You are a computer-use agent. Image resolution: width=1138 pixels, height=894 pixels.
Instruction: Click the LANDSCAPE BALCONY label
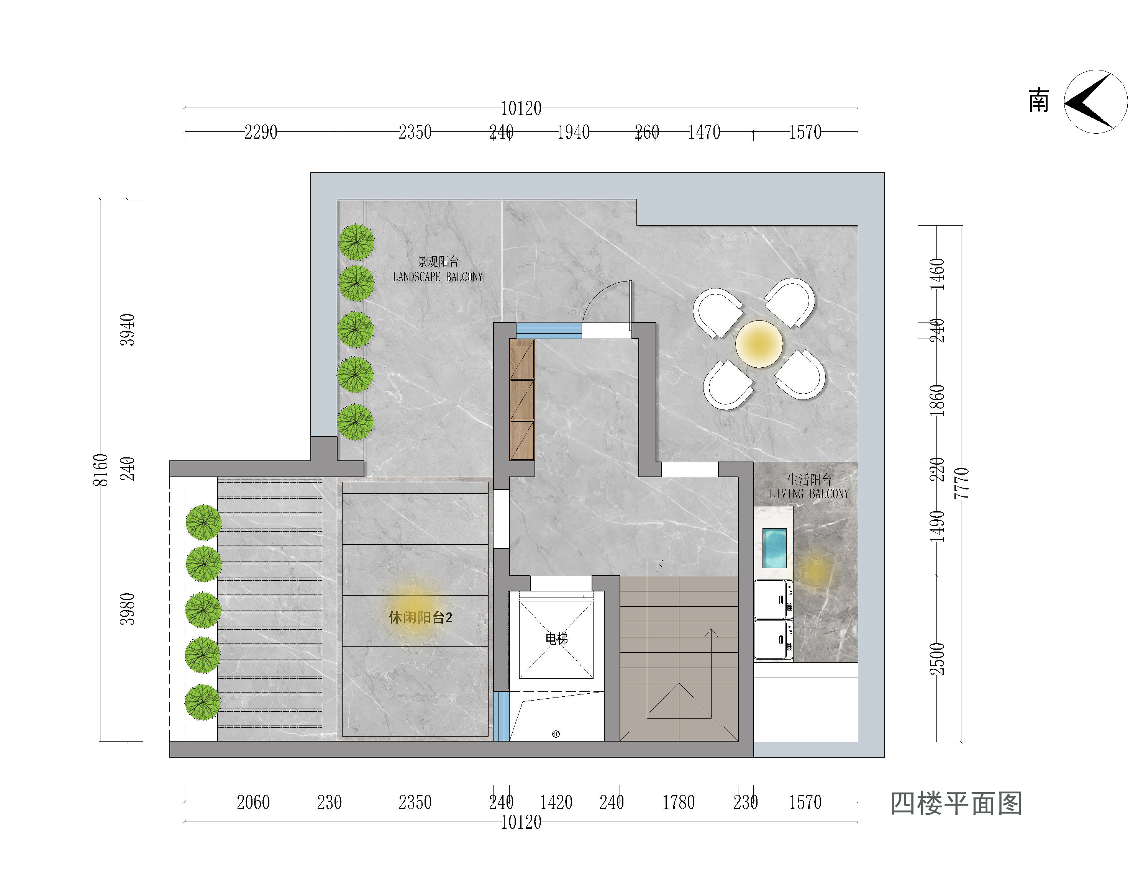(438, 277)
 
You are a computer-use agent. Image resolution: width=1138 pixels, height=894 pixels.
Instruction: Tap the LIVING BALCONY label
(809, 494)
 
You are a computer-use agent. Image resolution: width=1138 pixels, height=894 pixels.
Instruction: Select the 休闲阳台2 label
(420, 617)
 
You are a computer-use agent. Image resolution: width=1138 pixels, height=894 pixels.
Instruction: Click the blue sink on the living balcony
(774, 548)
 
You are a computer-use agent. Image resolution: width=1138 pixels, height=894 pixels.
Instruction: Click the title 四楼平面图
(956, 804)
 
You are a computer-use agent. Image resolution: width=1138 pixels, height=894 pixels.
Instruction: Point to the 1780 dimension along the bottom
(679, 802)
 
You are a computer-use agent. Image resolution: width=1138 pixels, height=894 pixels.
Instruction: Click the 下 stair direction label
(659, 566)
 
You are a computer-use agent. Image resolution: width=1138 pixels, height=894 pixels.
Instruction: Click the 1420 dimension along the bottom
(556, 802)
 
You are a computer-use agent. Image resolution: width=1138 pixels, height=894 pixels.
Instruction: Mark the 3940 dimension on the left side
(127, 330)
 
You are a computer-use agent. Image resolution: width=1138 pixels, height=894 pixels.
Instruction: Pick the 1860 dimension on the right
(937, 400)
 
